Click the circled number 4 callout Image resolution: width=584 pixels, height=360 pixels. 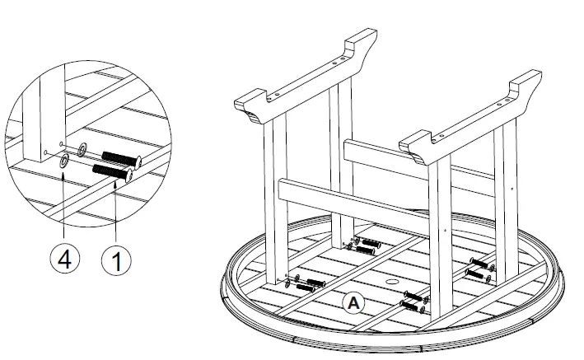[x=63, y=261]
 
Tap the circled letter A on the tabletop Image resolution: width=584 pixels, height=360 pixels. [x=353, y=302]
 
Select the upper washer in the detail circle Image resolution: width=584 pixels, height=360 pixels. [x=82, y=151]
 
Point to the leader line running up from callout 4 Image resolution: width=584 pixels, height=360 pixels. [x=63, y=206]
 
